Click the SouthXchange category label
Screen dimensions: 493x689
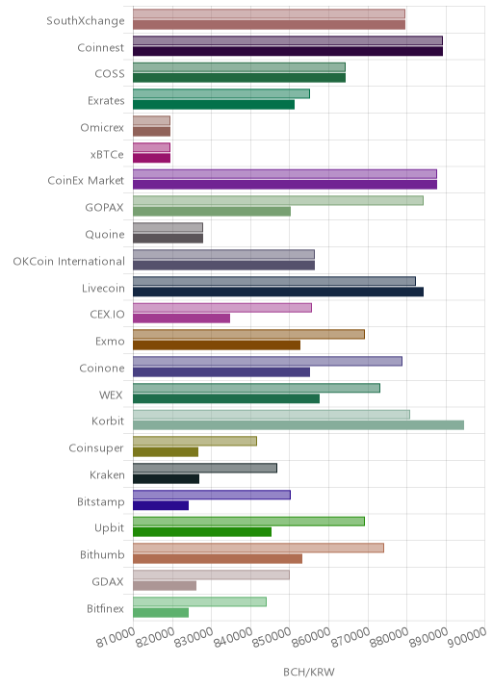(86, 21)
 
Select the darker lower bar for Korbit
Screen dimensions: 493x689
(298, 425)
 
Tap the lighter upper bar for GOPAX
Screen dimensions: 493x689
(278, 200)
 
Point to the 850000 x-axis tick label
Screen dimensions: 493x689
(272, 637)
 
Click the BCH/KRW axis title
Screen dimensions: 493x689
(309, 672)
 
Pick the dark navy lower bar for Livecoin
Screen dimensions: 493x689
(278, 292)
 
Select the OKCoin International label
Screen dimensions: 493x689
(69, 262)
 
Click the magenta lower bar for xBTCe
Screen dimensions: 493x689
(151, 158)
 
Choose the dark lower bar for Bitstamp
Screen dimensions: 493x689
(161, 505)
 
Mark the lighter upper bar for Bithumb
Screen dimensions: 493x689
(258, 548)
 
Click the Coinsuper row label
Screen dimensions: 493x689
(96, 448)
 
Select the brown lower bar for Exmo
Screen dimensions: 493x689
(217, 344)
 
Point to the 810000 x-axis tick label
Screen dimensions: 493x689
(116, 637)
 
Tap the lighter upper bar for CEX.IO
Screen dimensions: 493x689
(222, 308)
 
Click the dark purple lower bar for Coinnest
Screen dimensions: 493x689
(288, 51)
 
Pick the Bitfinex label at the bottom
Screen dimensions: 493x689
(106, 608)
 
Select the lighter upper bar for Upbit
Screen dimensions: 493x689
(248, 522)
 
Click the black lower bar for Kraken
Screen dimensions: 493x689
(166, 478)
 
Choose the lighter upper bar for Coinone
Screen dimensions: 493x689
(268, 361)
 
